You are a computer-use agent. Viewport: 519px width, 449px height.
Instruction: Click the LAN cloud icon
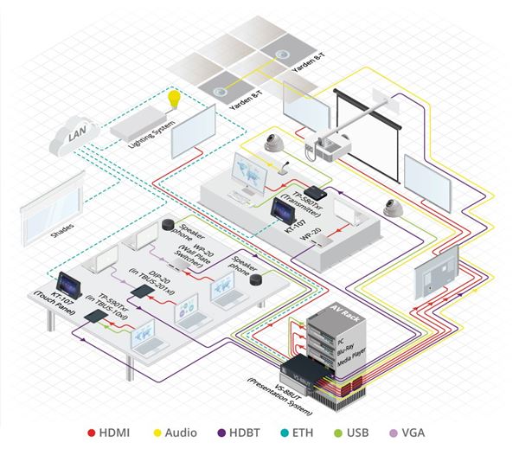click(71, 136)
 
